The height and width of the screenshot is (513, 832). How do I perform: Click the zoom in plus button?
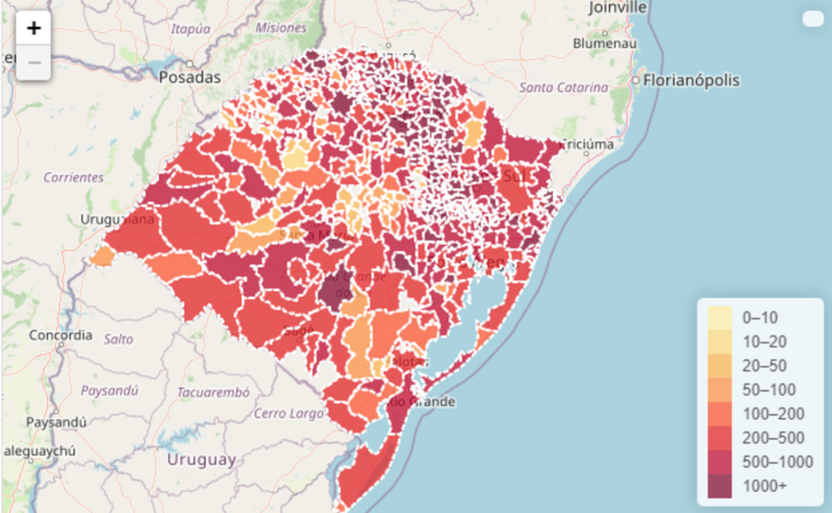click(33, 28)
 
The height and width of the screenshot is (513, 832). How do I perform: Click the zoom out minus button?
click(33, 62)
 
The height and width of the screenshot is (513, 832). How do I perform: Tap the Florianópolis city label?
click(691, 80)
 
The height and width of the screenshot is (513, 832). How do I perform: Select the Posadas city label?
click(190, 78)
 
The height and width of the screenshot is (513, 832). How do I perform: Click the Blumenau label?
click(604, 43)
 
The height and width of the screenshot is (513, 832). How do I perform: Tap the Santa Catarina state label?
click(564, 87)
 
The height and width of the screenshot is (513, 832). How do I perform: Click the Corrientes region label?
click(74, 176)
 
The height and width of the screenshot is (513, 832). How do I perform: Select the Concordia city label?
click(60, 334)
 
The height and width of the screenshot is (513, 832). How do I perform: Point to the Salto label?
click(119, 339)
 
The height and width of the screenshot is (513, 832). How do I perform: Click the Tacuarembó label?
click(213, 392)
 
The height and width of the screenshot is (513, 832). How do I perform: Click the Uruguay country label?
click(201, 459)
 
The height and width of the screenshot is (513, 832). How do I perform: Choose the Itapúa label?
click(190, 28)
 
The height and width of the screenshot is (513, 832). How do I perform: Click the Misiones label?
click(281, 28)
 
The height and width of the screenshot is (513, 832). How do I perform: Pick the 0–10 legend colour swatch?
click(719, 317)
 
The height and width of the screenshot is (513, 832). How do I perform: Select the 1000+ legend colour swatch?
click(719, 486)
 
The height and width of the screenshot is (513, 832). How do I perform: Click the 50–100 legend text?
click(769, 389)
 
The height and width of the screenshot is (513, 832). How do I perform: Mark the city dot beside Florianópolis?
click(635, 80)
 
